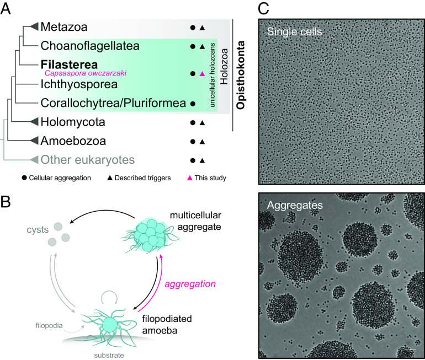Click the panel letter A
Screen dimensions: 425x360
coord(8,8)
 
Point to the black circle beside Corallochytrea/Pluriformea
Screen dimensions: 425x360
coord(192,103)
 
